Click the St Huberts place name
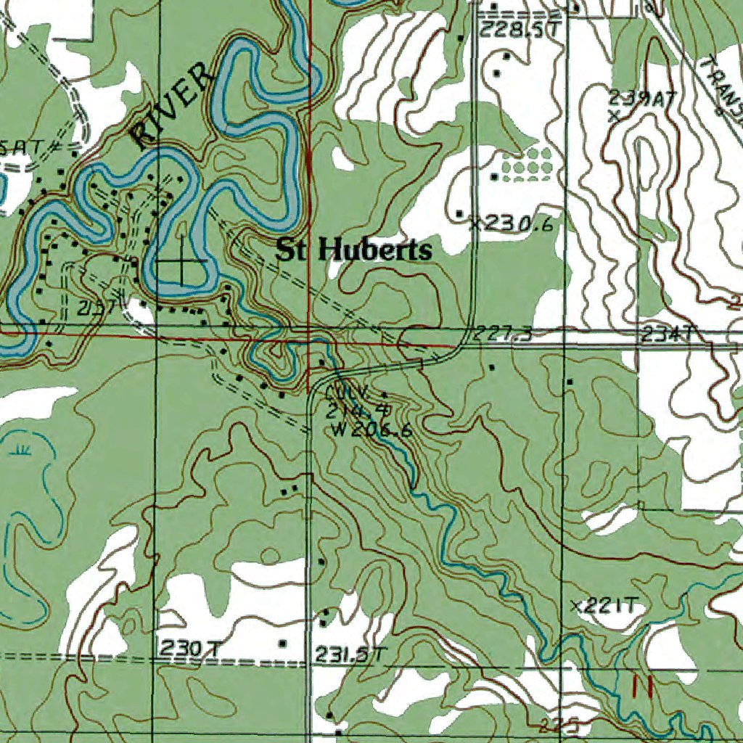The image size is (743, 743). [x=353, y=251]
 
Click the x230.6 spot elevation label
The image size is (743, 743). [x=512, y=224]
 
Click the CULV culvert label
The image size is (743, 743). [x=348, y=393]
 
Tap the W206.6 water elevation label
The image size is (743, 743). [x=371, y=430]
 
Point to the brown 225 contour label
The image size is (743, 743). [x=562, y=723]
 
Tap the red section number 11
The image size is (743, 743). [x=642, y=686]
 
